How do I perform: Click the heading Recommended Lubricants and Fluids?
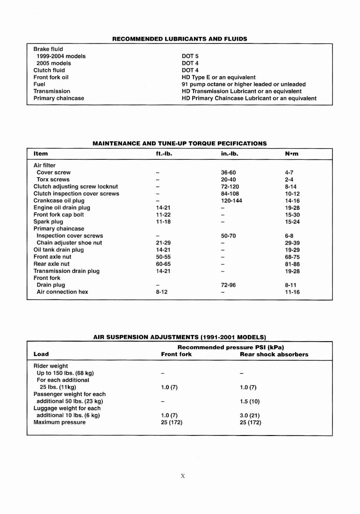(180, 39)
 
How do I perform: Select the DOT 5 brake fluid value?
(190, 56)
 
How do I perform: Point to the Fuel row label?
(39, 84)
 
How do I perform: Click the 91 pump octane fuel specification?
(244, 84)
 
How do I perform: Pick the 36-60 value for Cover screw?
(228, 172)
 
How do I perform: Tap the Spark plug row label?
(48, 221)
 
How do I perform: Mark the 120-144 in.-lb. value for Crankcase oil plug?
(231, 200)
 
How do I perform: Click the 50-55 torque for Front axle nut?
(163, 257)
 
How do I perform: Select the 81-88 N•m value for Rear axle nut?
(292, 264)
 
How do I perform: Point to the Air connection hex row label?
(62, 292)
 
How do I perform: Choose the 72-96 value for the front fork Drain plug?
(228, 285)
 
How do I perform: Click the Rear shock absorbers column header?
(274, 354)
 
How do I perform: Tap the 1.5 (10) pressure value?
(250, 401)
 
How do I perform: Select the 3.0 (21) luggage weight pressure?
(250, 415)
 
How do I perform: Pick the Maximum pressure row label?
(59, 422)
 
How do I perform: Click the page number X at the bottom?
(183, 476)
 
